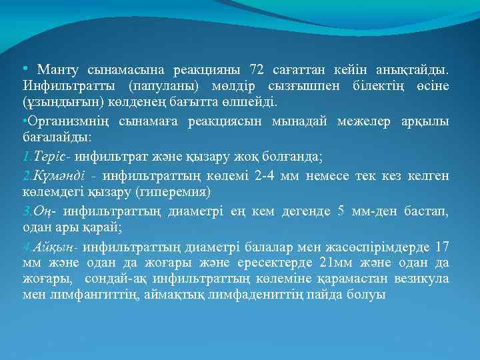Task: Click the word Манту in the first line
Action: [58, 69]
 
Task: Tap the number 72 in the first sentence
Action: [256, 69]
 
